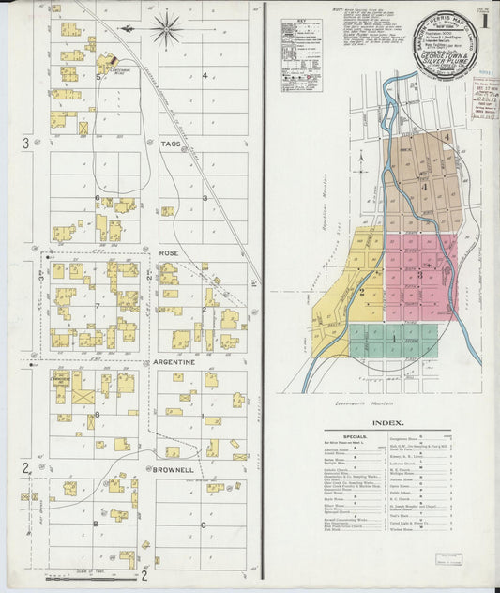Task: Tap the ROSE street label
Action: tap(169, 253)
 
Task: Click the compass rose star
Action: tap(167, 29)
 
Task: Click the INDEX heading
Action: tap(387, 422)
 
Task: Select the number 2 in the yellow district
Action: tap(360, 292)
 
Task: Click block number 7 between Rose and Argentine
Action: tap(97, 307)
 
